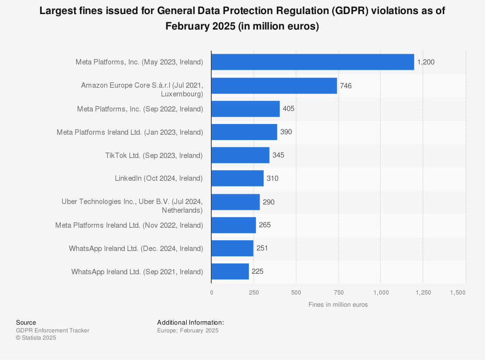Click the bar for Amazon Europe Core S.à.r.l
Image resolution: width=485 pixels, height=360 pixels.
click(x=274, y=86)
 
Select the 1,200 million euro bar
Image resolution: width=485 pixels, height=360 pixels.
click(x=312, y=62)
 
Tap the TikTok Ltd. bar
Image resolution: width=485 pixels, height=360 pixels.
click(x=240, y=156)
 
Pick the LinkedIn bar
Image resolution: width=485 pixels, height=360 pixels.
click(x=237, y=178)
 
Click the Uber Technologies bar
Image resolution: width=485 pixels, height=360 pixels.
click(x=235, y=202)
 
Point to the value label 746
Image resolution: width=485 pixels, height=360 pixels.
click(x=346, y=86)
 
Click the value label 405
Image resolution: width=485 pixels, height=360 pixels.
click(x=289, y=109)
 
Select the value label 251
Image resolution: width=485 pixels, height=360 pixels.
click(x=262, y=249)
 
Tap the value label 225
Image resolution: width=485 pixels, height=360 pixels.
click(x=258, y=272)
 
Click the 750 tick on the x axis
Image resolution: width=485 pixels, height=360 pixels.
click(x=339, y=293)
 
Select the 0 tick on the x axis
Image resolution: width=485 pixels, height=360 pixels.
click(x=211, y=293)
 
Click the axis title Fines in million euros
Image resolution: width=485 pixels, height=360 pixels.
click(x=338, y=305)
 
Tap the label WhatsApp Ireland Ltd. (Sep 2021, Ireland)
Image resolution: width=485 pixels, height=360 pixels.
click(x=137, y=272)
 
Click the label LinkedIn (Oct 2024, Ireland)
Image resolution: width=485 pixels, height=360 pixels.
click(x=159, y=178)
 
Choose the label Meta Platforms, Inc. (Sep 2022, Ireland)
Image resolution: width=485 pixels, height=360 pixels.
click(x=140, y=109)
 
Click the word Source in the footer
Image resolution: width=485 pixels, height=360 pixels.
click(x=26, y=323)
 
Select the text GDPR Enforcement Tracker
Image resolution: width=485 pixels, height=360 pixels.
click(x=52, y=330)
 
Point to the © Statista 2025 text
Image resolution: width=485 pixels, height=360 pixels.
click(x=36, y=338)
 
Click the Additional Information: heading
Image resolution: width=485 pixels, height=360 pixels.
click(x=190, y=323)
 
